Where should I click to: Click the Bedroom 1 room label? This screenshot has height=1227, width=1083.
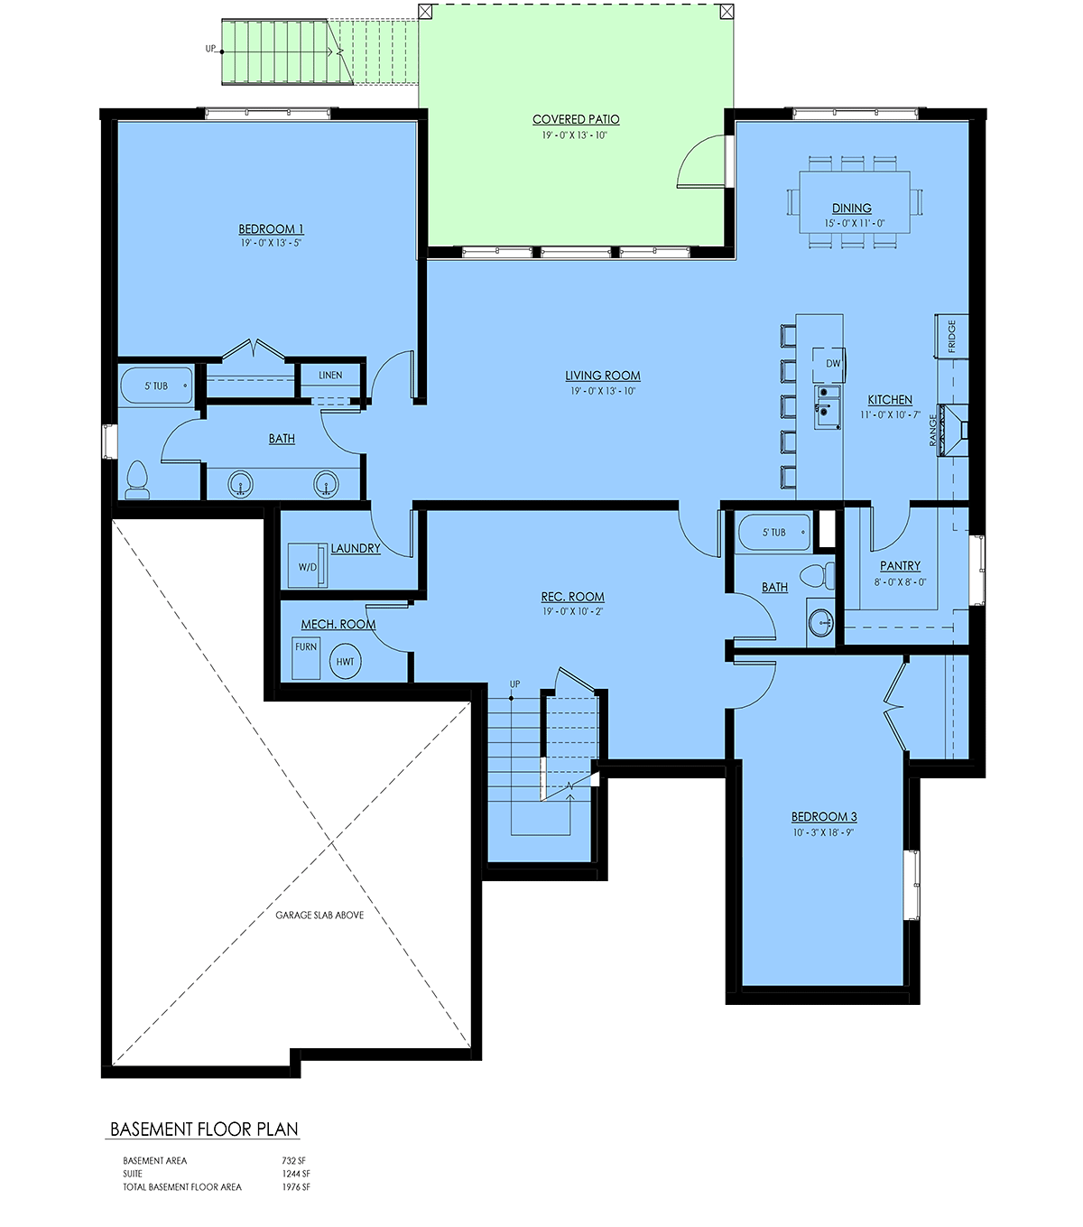click(271, 229)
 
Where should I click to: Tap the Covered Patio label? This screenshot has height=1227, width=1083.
click(576, 119)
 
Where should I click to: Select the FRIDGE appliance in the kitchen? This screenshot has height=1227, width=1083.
click(951, 336)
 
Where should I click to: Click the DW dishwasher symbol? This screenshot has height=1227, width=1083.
click(828, 363)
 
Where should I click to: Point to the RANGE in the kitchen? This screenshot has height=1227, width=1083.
click(953, 430)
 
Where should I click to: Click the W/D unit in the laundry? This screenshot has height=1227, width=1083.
click(308, 566)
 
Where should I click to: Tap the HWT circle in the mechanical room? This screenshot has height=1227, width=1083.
click(345, 661)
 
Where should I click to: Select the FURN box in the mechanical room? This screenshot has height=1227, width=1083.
click(306, 657)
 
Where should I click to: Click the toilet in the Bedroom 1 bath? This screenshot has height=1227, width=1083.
click(137, 480)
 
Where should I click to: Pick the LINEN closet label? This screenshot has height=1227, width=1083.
click(330, 376)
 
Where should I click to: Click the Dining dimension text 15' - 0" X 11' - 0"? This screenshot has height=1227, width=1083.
click(854, 224)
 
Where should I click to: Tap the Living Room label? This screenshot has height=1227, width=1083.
click(602, 376)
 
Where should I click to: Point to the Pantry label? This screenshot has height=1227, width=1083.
click(900, 566)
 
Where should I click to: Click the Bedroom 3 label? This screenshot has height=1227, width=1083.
click(824, 816)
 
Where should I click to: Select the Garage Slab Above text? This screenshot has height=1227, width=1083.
click(319, 916)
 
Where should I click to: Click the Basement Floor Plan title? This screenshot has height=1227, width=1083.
click(204, 1129)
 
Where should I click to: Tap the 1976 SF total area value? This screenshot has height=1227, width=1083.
click(296, 1187)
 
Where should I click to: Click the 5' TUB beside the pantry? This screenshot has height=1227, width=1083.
click(774, 533)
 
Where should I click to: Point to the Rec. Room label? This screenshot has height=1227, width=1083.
click(573, 597)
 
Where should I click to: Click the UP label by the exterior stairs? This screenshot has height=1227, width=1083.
click(210, 49)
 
